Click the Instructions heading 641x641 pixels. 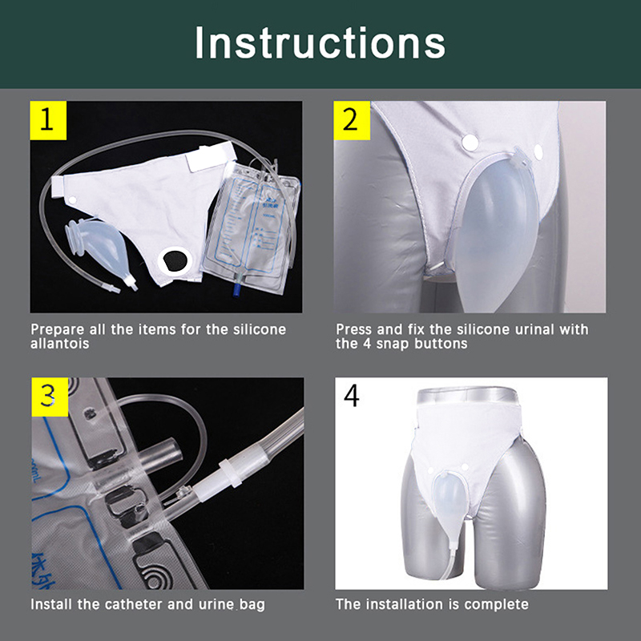click(320, 43)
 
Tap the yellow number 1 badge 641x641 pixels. click(48, 121)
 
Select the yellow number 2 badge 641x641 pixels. click(352, 121)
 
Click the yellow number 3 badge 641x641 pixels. click(50, 397)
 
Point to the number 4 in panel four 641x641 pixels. click(352, 396)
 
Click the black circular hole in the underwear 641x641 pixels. click(175, 260)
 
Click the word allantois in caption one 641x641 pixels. click(59, 344)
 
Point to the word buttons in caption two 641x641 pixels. click(441, 344)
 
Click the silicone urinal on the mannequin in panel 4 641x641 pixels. click(447, 494)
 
